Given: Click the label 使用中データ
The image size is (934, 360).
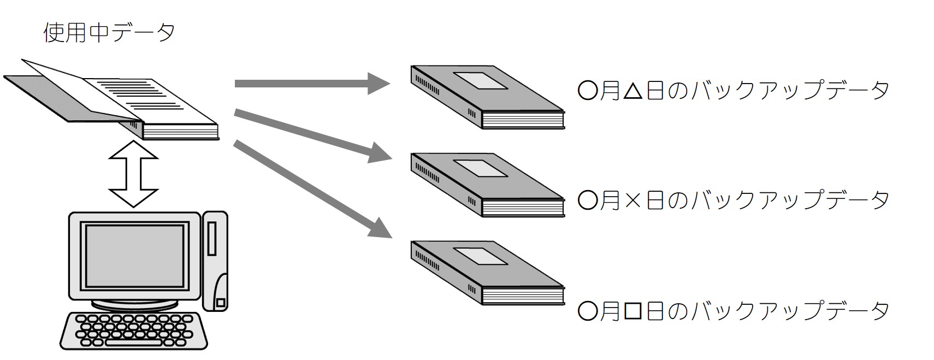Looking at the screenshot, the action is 109,33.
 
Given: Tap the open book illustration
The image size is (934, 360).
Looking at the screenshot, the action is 111,100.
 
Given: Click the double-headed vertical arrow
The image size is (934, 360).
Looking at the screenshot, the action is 133,174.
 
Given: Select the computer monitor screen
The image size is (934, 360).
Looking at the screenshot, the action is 134,256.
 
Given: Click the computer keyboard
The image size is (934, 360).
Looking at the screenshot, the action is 133,331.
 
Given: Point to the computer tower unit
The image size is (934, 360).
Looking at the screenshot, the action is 215,261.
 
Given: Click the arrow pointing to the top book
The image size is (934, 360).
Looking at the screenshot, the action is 312,84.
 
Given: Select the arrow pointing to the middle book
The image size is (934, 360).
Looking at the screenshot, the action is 313,135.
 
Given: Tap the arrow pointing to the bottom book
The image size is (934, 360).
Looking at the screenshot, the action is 313,189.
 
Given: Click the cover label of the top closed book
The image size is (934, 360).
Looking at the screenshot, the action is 480,80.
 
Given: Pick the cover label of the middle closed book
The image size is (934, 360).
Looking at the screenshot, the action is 480,168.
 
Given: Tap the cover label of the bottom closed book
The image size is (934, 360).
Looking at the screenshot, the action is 480,256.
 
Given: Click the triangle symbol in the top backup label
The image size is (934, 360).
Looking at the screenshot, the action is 633,91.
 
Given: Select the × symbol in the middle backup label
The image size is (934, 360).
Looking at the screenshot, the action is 633,201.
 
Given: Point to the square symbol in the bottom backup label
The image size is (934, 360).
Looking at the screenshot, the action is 633,311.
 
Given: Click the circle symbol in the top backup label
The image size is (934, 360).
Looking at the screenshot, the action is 588,91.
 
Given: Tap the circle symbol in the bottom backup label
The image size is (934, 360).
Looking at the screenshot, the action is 588,311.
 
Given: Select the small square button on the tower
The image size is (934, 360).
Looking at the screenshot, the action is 221,302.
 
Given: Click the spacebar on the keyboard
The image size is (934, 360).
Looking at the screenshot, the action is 133,343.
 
